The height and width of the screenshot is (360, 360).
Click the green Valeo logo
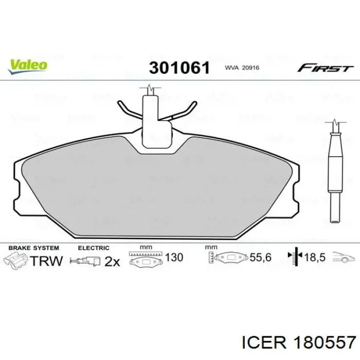(28, 67)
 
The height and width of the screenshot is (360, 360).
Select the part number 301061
(179, 68)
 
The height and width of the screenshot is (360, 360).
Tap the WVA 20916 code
(242, 68)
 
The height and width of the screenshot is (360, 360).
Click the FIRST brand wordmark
(325, 68)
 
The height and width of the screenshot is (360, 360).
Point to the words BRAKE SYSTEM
(34, 248)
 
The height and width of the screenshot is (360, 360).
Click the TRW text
(46, 261)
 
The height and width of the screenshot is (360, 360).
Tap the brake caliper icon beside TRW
(16, 260)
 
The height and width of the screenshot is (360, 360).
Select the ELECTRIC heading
(94, 248)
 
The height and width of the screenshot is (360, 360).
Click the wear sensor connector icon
(85, 261)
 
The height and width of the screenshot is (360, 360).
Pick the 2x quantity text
(112, 261)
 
